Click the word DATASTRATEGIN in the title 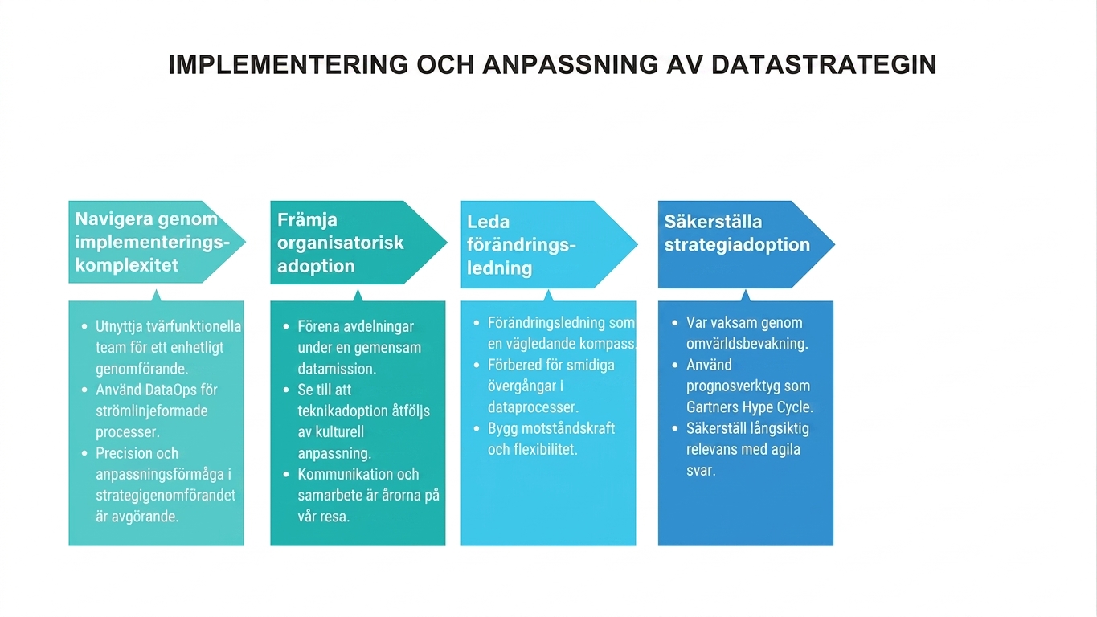point(824,64)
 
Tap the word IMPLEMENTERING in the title point(288,64)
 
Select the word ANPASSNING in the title point(571,64)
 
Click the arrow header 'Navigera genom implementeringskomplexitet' point(157,242)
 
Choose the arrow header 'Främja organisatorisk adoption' point(358,243)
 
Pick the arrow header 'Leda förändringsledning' point(549,244)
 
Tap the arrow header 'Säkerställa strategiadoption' point(747,244)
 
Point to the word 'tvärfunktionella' point(194,326)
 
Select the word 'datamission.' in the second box point(337,368)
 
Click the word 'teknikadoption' point(342,411)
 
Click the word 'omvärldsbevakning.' point(747,343)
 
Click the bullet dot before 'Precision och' point(84,453)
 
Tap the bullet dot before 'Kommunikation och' point(286,475)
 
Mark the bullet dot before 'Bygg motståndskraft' point(477,429)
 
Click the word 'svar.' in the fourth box point(701,471)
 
